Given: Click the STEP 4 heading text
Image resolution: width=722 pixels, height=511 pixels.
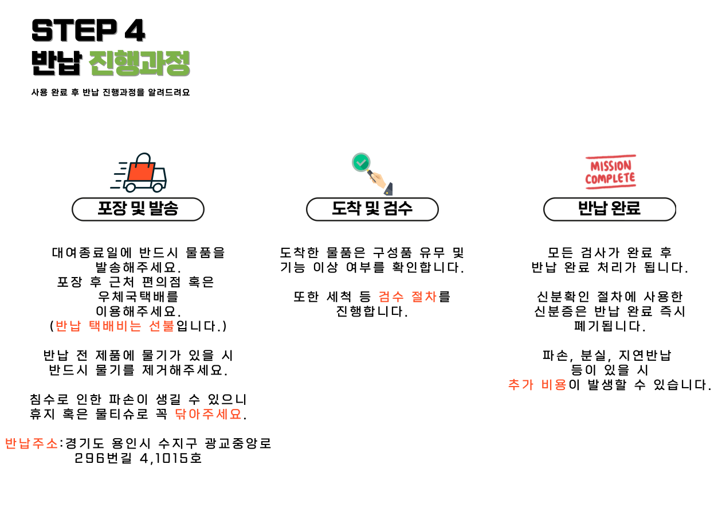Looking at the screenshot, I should tap(88, 30).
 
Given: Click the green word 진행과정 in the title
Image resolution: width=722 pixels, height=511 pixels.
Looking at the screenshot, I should tap(140, 63).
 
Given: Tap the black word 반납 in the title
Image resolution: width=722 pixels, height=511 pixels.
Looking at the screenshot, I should tap(57, 63).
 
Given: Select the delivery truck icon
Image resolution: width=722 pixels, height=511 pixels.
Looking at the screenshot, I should tap(139, 173).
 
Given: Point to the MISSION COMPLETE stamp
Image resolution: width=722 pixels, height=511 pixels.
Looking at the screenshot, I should tap(610, 171).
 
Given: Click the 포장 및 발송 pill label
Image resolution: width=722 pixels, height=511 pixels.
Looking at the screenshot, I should tap(138, 209).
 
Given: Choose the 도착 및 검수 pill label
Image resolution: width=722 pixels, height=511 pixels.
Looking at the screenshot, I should tap(372, 209).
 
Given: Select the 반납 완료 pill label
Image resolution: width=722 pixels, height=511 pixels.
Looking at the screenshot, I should tap(609, 209).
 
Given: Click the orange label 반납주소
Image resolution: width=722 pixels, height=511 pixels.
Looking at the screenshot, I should tap(32, 443).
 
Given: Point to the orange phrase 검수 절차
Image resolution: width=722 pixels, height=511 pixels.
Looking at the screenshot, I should tap(408, 297).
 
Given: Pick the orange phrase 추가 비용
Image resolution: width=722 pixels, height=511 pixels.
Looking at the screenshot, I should tap(537, 385).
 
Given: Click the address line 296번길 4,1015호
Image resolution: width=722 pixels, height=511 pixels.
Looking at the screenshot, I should tap(138, 458).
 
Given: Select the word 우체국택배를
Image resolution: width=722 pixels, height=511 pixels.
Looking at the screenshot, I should tap(138, 297).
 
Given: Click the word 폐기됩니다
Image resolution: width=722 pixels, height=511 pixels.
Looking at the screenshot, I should tap(609, 326).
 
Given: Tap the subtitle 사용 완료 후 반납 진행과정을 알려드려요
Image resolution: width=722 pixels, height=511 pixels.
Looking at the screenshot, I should tap(111, 92).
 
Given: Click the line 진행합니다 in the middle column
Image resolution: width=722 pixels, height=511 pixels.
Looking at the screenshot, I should tap(372, 312).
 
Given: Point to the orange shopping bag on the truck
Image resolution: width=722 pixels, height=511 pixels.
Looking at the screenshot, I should tap(141, 169).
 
